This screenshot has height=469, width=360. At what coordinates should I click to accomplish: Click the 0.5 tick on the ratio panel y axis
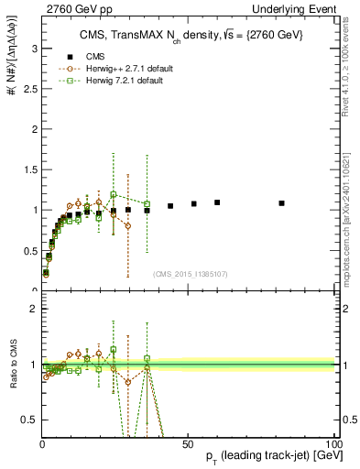click(x=27, y=420)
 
